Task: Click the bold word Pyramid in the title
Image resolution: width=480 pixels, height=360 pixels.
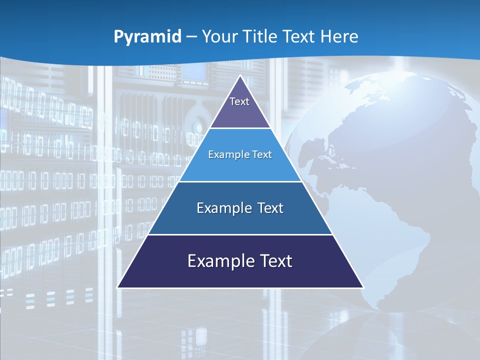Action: click(x=147, y=36)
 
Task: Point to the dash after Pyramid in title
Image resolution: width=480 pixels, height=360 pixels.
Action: click(x=191, y=37)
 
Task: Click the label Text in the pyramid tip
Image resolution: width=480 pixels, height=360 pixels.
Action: click(x=239, y=101)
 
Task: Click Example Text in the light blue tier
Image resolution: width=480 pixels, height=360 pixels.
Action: click(x=240, y=154)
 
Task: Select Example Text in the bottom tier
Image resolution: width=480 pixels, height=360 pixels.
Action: click(x=240, y=261)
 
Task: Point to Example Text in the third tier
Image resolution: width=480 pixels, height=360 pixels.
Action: click(x=240, y=208)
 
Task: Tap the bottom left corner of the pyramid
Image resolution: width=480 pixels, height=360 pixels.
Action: click(x=118, y=287)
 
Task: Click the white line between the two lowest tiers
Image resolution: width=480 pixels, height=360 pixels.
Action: click(x=240, y=234)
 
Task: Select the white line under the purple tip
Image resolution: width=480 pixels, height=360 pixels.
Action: click(x=240, y=128)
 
